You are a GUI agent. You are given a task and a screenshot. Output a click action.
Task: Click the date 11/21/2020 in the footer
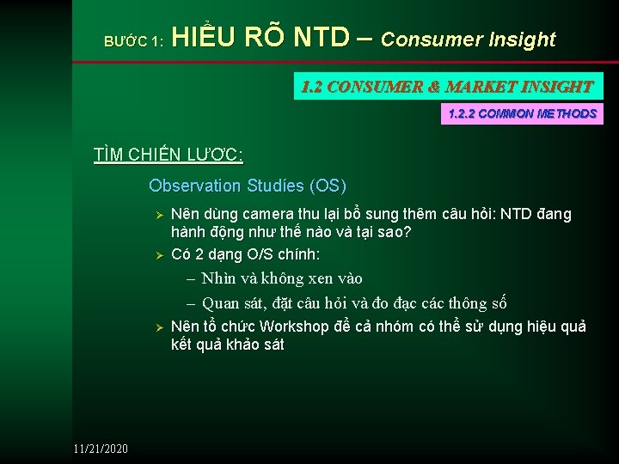point(101,449)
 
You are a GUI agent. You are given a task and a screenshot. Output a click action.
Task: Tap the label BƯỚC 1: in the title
point(133,40)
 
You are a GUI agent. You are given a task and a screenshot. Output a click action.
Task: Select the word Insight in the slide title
point(523,40)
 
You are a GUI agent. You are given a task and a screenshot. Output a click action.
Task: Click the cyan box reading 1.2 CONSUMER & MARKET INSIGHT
point(448,86)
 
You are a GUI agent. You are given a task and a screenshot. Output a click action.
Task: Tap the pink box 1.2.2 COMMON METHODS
point(522,113)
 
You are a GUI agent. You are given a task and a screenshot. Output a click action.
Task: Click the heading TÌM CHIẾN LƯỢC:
point(169,155)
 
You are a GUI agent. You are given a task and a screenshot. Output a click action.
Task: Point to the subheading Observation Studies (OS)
point(248,186)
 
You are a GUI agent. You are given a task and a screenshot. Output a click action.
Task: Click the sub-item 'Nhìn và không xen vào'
point(282,278)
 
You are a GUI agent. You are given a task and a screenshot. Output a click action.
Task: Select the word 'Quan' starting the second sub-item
point(221,302)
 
